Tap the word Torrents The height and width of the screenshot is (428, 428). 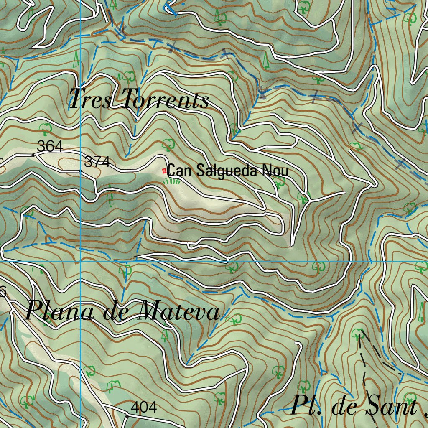pos(166,100)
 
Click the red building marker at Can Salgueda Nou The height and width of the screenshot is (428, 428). pos(164,171)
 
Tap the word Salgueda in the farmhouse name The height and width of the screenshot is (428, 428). pos(226,171)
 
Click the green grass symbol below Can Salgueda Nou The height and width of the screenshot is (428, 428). pos(172,181)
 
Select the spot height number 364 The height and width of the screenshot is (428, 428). pos(50,147)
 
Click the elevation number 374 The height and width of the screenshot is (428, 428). pos(97,162)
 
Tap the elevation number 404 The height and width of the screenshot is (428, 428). pos(144,407)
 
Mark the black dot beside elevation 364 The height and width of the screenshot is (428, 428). pos(33,155)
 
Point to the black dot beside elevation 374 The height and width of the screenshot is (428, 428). pos(80,171)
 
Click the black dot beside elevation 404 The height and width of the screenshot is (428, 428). pos(127,416)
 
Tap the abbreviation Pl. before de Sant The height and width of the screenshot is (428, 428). pos(306,405)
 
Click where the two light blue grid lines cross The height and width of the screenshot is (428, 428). pos(80,261)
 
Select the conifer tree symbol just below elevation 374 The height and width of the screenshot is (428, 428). pos(110,196)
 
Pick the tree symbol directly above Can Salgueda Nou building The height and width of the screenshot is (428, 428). pos(168,144)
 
